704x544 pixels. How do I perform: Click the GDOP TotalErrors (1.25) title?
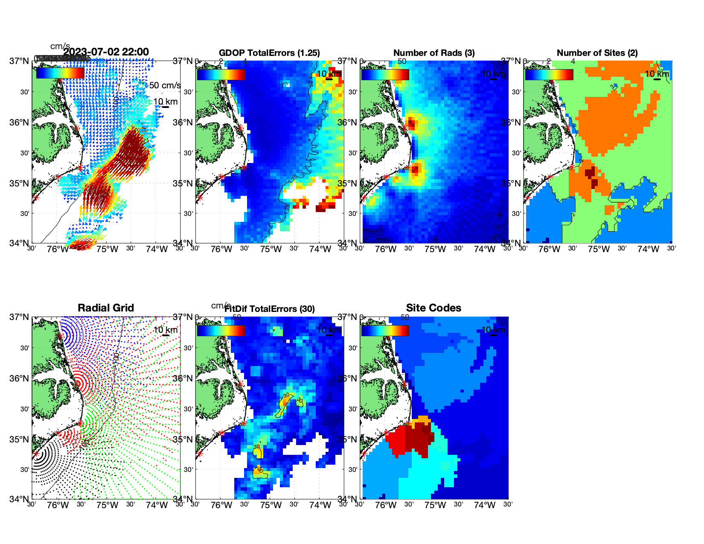[x=269, y=53]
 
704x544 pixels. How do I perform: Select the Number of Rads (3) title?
[x=433, y=53]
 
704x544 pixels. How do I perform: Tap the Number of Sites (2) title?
[x=597, y=53]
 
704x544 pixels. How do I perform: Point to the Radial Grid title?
[x=106, y=308]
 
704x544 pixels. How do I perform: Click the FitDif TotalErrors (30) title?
[x=270, y=309]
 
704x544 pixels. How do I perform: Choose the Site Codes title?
[x=433, y=308]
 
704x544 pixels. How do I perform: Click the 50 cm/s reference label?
[x=165, y=85]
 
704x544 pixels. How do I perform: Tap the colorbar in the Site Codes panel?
[x=385, y=331]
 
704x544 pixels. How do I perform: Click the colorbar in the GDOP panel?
[x=221, y=75]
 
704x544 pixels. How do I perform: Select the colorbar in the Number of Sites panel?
[x=549, y=75]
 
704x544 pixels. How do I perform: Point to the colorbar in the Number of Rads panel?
[x=385, y=75]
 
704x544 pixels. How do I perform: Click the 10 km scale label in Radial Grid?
[x=165, y=330]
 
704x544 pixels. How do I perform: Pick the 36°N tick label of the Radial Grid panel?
[x=20, y=378]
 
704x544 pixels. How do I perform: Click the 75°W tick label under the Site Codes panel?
[x=435, y=506]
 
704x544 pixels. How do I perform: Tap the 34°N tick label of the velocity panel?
[x=20, y=243]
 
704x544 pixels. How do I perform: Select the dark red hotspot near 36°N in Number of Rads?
[x=411, y=124]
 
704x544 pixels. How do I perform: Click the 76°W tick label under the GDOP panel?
[x=221, y=250]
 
